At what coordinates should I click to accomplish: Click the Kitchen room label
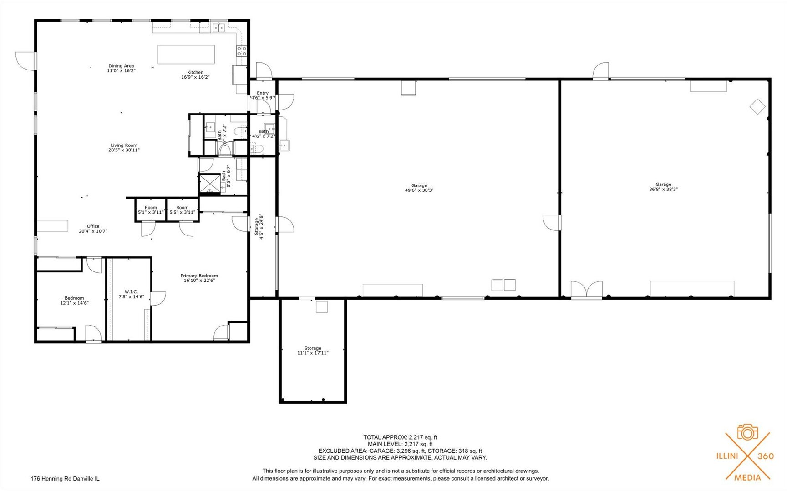[195, 72]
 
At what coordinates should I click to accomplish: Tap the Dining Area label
[121, 66]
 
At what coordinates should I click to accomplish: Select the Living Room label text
[124, 145]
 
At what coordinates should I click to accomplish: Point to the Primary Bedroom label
[199, 276]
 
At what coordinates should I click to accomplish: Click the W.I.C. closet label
[131, 292]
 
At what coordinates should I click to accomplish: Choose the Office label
[93, 226]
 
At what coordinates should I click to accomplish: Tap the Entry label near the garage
[263, 93]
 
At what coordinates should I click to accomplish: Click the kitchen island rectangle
[186, 55]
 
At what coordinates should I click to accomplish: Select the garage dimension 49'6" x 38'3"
[419, 190]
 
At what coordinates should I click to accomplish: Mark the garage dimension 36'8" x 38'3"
[663, 190]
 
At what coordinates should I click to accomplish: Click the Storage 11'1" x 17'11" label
[313, 351]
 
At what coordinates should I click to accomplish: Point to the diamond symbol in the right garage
[757, 107]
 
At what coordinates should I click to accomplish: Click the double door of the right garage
[587, 290]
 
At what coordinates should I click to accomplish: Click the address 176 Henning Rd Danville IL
[65, 479]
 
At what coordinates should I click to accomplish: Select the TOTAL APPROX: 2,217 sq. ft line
[400, 437]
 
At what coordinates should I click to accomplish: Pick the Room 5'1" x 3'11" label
[151, 210]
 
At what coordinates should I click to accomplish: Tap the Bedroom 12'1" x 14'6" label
[74, 301]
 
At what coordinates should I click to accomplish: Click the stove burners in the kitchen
[241, 51]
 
